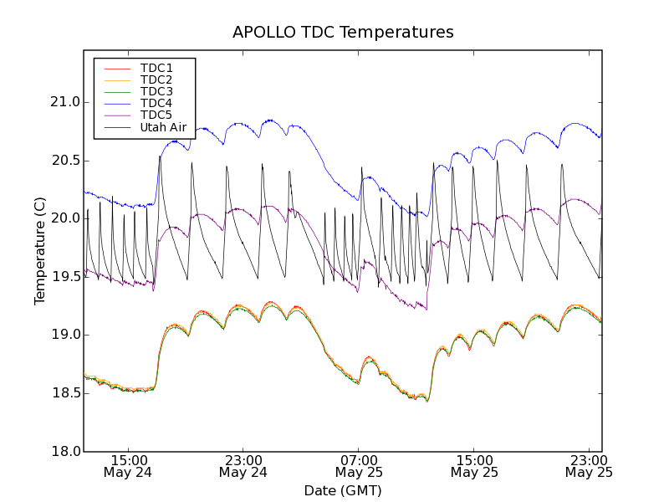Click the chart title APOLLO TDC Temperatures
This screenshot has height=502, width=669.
tap(343, 33)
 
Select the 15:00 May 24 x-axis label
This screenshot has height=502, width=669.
tap(127, 466)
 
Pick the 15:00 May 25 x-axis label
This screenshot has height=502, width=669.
tap(473, 466)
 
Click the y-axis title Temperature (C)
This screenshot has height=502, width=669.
tap(40, 251)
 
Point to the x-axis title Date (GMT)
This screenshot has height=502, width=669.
tap(343, 490)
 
